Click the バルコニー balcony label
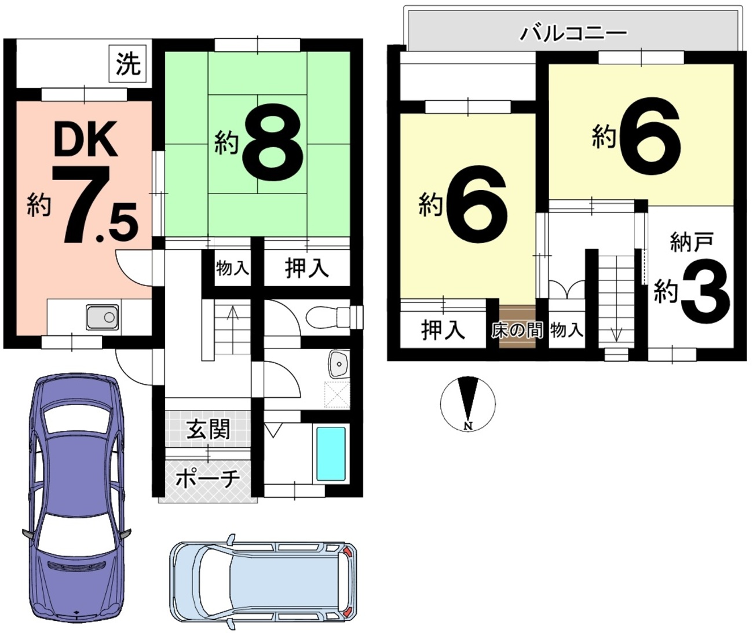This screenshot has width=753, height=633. coord(573,34)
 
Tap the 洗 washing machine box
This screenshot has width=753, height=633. coord(127,63)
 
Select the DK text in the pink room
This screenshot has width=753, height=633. coord(86,139)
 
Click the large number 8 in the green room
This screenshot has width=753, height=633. coord(273,142)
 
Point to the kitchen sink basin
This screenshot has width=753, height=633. coord(103,317)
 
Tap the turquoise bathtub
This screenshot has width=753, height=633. coord(331,453)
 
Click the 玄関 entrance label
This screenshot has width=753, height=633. coord(208,430)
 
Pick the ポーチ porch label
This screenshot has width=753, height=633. coord(208,478)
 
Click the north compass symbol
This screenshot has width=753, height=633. coord(468,403)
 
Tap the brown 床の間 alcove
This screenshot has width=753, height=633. coord(517,327)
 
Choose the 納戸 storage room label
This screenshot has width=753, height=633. coord(692,242)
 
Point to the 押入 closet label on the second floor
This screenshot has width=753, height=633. coord(443,330)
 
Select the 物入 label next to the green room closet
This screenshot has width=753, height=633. coord(233,268)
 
